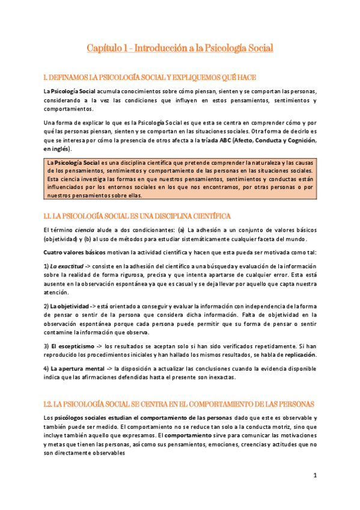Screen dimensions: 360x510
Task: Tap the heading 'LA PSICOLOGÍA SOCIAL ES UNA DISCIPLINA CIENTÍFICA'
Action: [138, 215]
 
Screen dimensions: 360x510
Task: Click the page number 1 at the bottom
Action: [314, 475]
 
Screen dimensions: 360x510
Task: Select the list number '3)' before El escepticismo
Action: [46, 346]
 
